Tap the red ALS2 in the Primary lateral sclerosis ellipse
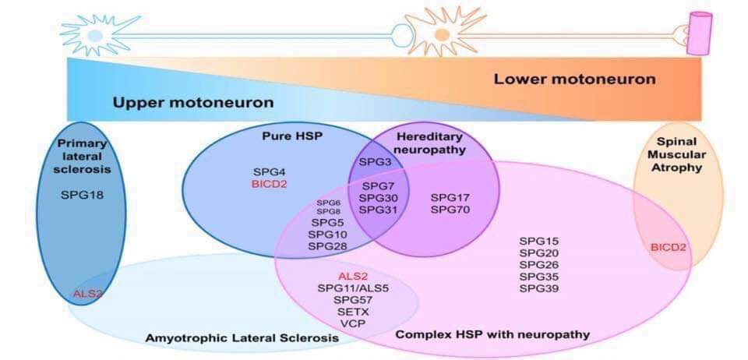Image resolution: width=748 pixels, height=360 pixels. [88, 293]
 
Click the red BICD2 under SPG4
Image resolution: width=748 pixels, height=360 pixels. [270, 184]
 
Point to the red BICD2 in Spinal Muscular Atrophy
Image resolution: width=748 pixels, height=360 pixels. [669, 248]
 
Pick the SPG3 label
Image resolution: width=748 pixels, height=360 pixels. [375, 161]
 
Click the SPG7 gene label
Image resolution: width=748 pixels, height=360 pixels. [378, 187]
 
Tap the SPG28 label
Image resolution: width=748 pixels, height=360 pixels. [327, 246]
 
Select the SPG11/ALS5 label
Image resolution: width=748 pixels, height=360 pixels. [353, 288]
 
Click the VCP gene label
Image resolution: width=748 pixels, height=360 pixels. [352, 323]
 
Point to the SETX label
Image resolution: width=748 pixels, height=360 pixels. [352, 312]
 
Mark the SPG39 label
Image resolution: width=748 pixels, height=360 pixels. [539, 288]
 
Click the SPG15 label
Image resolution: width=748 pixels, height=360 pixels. [539, 241]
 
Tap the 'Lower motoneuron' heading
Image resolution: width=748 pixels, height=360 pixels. [574, 79]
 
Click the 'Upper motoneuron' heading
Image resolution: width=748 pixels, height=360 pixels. [192, 103]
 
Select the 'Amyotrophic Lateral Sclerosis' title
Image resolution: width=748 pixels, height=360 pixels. [242, 338]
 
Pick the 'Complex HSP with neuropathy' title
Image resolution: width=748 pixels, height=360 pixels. [492, 334]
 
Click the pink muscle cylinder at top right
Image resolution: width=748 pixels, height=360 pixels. [698, 34]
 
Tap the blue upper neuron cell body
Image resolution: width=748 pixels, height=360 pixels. [94, 35]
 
